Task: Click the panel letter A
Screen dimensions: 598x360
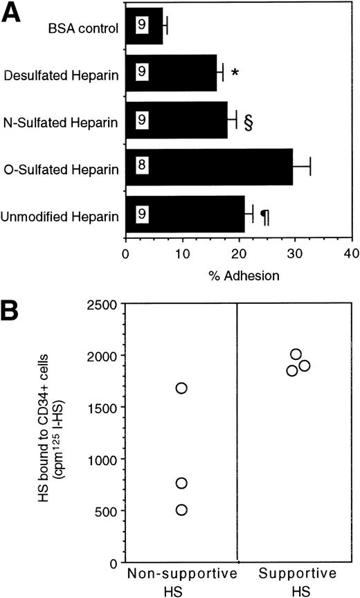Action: pos(15,12)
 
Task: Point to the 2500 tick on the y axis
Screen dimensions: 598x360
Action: pos(85,303)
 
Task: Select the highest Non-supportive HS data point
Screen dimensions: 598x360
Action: pos(181,388)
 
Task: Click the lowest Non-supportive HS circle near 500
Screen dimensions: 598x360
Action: pos(181,510)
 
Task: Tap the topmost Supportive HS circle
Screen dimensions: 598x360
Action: pos(296,354)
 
